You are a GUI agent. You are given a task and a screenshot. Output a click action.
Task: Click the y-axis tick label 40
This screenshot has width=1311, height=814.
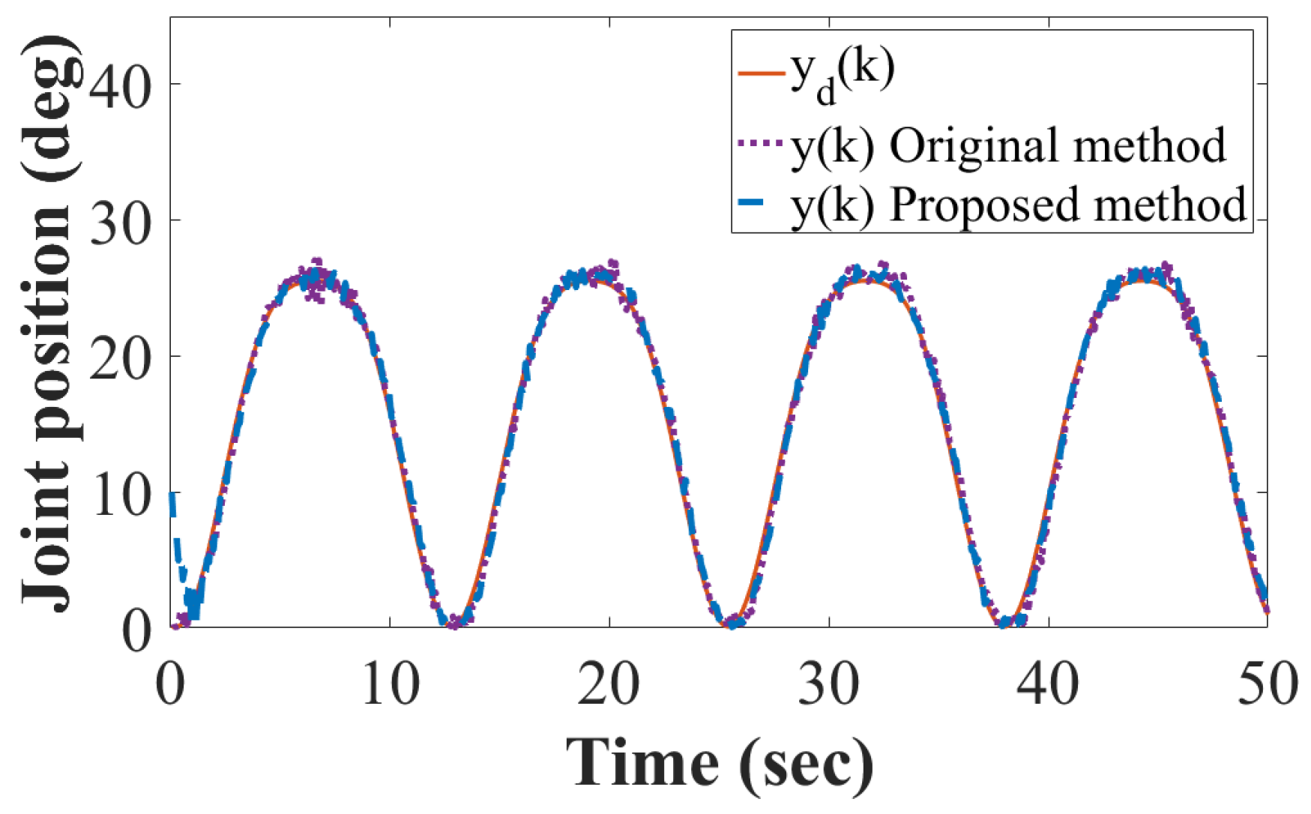coord(120,84)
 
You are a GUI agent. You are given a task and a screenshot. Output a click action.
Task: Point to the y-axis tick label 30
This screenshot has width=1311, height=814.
coord(120,221)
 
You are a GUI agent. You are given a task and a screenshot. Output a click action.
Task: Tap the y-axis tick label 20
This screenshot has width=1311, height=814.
coord(120,358)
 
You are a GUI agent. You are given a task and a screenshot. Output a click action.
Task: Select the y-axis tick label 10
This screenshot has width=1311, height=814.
coord(120,494)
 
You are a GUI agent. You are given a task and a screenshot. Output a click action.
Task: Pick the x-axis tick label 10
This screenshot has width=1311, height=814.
coord(390,684)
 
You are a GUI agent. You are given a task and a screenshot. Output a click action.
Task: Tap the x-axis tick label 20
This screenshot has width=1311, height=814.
coord(609,684)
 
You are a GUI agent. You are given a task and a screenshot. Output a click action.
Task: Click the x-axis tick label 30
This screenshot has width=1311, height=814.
coord(828,684)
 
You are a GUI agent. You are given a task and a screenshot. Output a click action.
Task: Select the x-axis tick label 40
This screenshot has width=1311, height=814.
coord(1048,684)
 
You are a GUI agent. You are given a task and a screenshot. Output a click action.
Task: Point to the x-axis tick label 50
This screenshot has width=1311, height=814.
coord(1267,684)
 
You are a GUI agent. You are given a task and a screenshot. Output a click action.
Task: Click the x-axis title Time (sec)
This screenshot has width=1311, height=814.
coord(720,763)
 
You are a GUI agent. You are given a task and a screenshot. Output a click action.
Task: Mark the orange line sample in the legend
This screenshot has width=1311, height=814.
coord(761,73)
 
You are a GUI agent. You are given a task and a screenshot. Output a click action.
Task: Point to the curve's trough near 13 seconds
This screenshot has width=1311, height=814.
coord(455,622)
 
